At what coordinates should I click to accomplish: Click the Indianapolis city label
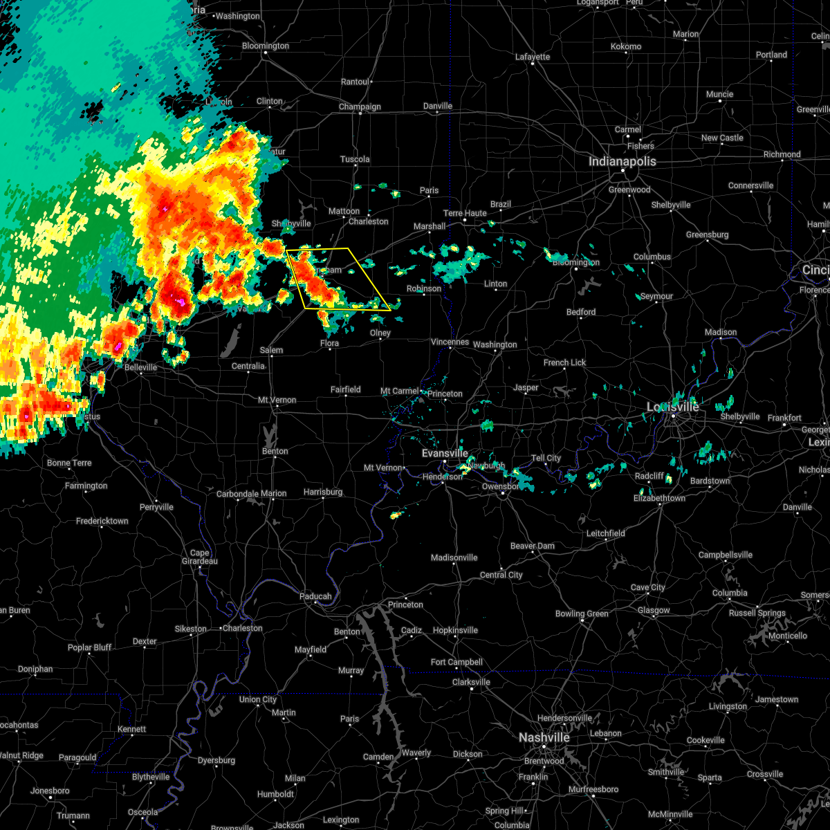point(622,161)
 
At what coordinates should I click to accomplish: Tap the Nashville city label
point(544,738)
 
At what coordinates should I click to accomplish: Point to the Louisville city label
point(672,407)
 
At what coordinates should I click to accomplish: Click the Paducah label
point(315,596)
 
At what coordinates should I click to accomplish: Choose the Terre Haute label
point(465,213)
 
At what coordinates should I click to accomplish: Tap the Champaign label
point(360,107)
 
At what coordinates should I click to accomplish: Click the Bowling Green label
point(582,614)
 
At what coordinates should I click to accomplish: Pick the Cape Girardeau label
point(199,557)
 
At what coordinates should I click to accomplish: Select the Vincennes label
point(450,342)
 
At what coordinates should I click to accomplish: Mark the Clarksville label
point(471,682)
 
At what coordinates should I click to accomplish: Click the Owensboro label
point(500,486)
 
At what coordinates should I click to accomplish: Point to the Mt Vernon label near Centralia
point(277,400)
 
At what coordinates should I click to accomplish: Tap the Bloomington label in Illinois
point(266,46)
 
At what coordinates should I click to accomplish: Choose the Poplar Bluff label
point(90,648)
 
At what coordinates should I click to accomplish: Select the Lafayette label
point(533,57)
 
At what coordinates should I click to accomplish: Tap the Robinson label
point(423,288)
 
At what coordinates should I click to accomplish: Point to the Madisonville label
point(454,558)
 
